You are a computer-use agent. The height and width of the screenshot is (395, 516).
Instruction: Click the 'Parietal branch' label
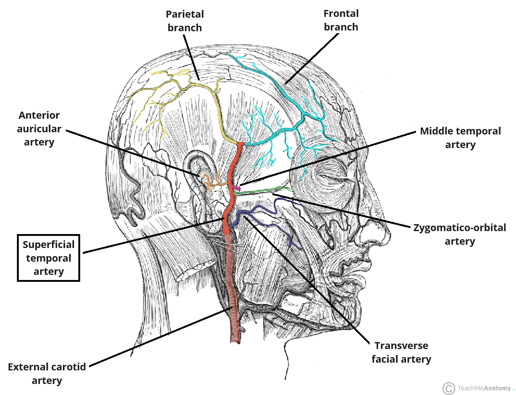click(185, 21)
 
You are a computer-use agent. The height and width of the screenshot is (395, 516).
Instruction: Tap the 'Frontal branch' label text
click(341, 20)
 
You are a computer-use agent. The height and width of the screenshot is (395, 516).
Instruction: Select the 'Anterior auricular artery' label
click(39, 129)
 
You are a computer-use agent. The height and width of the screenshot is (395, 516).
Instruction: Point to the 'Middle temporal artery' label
click(460, 138)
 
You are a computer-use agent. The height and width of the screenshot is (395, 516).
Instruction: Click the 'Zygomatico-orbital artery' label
click(459, 234)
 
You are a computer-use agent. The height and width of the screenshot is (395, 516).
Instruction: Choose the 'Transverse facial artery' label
click(401, 352)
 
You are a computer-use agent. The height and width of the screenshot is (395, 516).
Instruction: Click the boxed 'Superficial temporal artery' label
click(49, 258)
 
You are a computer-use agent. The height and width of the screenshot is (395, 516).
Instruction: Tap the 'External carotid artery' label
click(47, 374)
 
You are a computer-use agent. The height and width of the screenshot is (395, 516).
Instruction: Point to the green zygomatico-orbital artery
click(265, 190)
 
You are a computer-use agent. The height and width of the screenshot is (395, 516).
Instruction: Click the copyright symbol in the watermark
click(448, 388)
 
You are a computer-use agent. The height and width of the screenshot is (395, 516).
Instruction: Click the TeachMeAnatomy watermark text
click(484, 388)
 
